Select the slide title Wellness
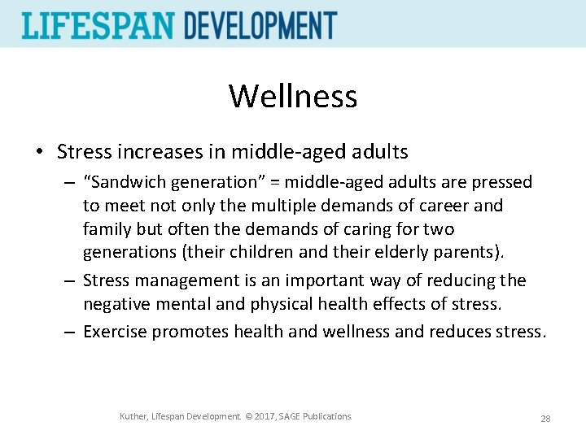point(293,96)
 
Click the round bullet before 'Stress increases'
point(40,152)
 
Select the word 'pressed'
point(503,182)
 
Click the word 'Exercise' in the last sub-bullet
point(116,331)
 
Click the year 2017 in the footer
point(260,417)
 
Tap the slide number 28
point(545,418)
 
